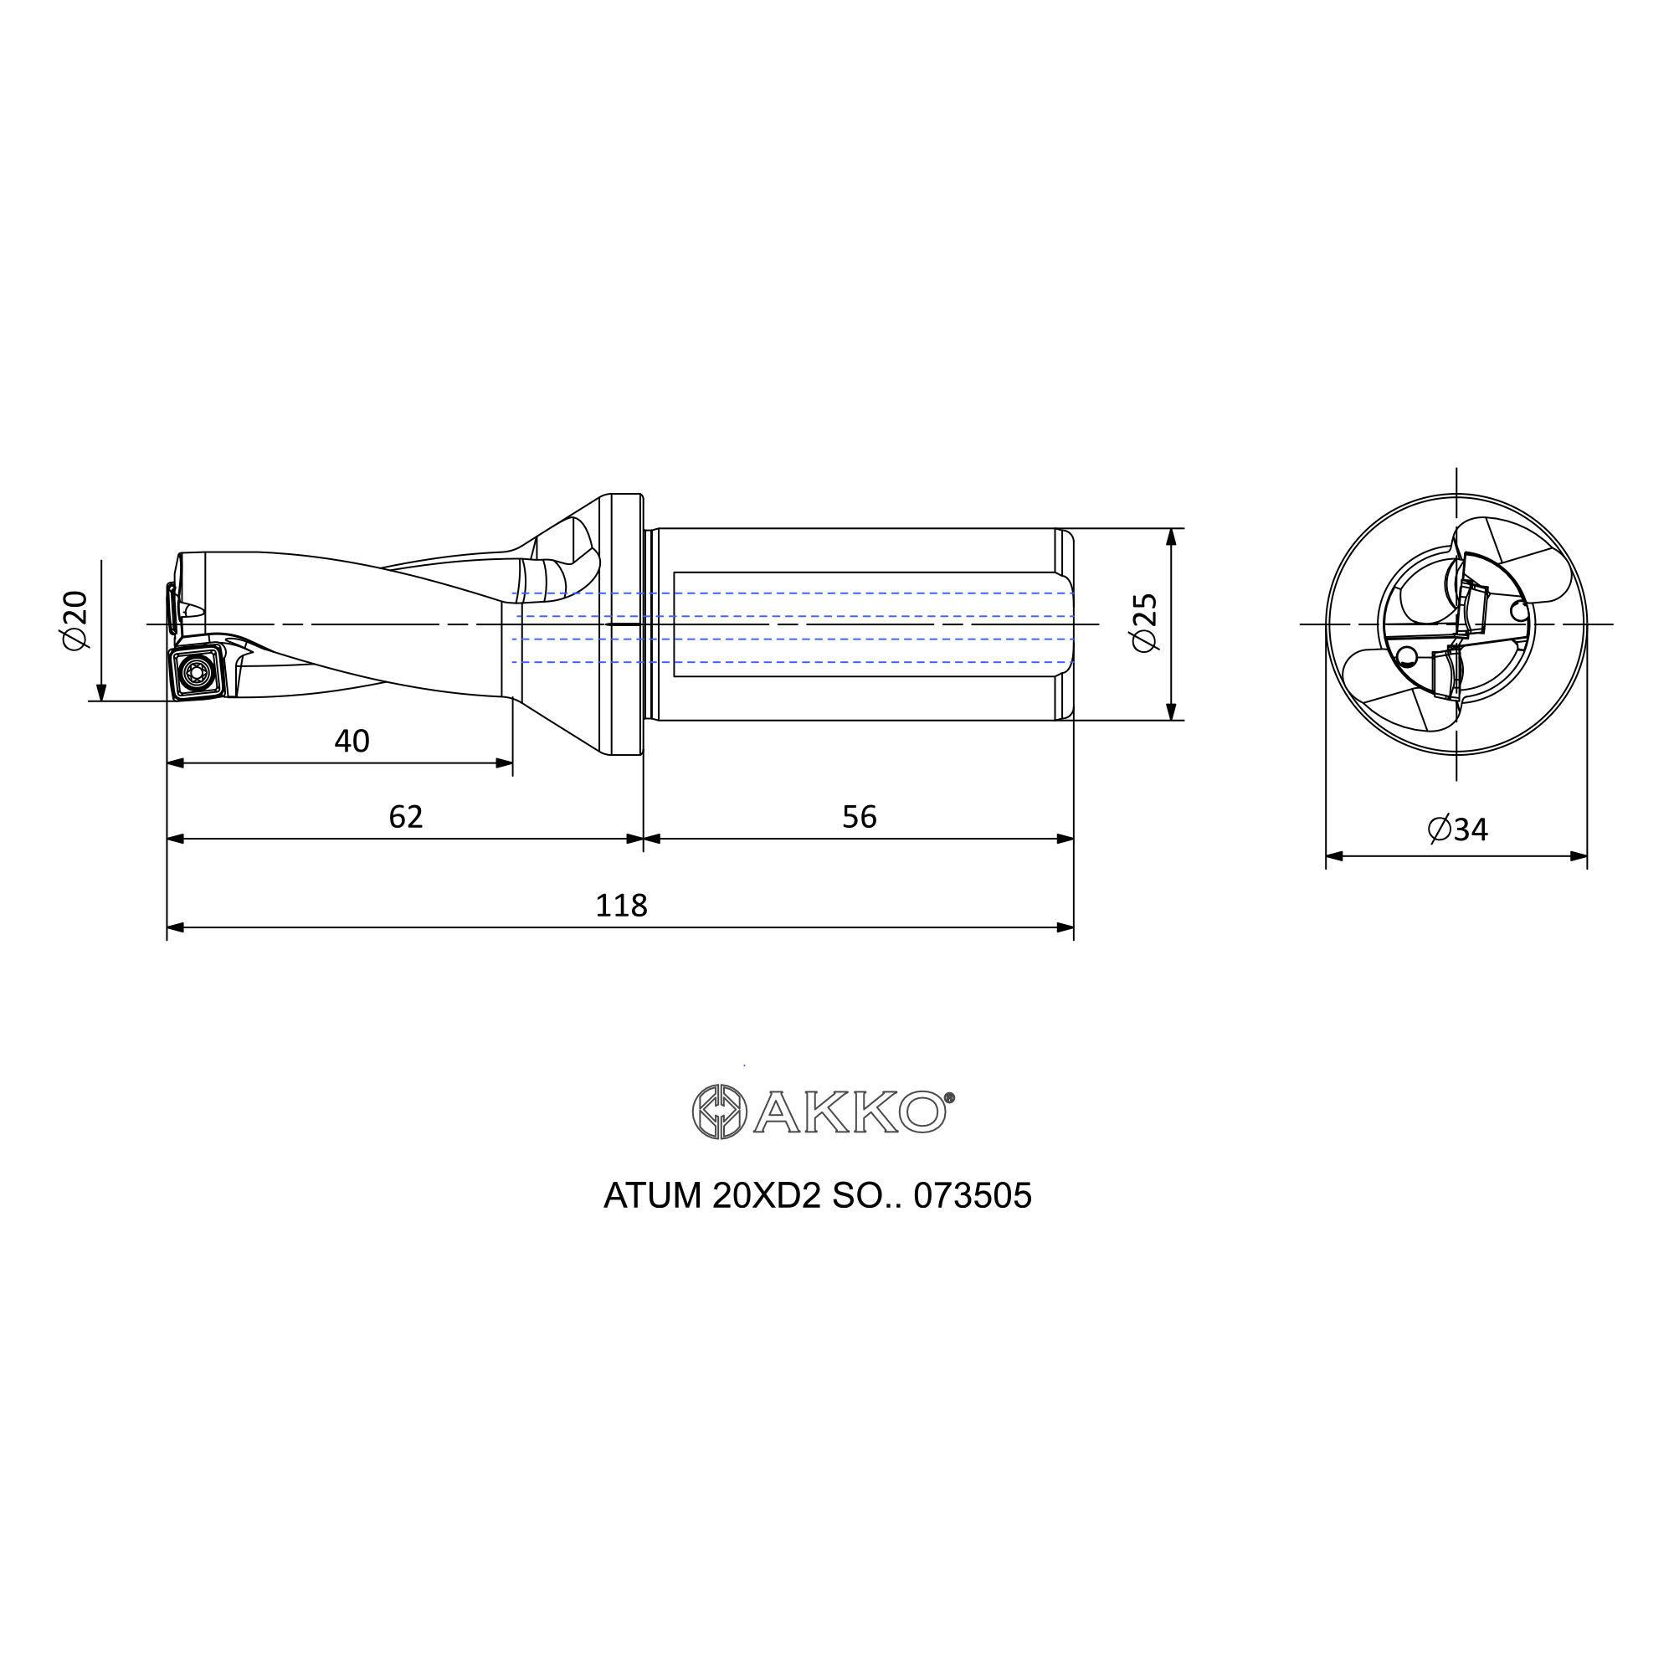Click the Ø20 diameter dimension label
[75, 619]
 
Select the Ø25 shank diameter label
[1144, 622]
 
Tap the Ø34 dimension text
[1457, 829]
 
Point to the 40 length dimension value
[352, 741]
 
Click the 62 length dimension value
[405, 816]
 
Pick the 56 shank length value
[860, 816]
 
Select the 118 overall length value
[621, 906]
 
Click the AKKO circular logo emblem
[719, 1112]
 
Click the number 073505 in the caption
[972, 1196]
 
